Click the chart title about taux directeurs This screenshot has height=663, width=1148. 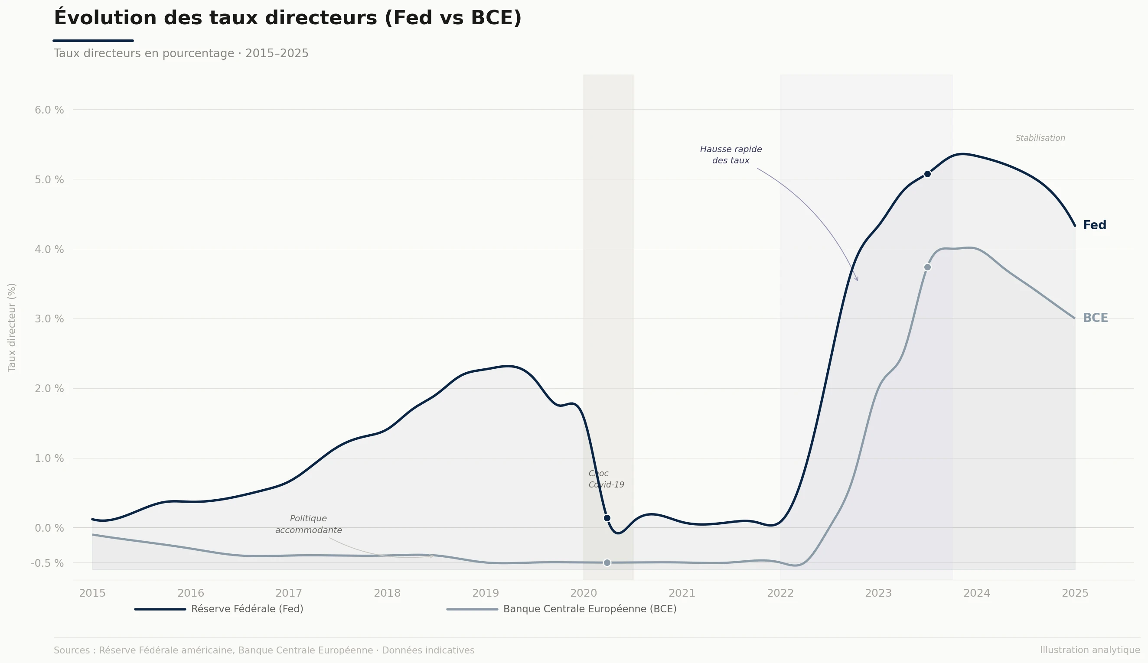[x=287, y=19]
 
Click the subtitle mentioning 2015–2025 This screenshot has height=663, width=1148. [x=181, y=54]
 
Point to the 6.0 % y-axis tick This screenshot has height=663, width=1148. [x=49, y=110]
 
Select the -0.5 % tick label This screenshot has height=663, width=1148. [x=47, y=563]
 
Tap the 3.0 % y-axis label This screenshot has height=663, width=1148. [x=49, y=319]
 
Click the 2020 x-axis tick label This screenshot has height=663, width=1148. [x=583, y=593]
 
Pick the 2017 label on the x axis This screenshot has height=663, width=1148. [x=289, y=593]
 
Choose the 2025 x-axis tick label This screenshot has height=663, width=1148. [x=1075, y=593]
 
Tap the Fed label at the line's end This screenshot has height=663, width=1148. [x=1094, y=225]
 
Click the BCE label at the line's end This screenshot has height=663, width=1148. [x=1095, y=318]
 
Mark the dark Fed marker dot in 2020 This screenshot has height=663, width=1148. [x=607, y=518]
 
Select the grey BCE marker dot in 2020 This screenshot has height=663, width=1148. [x=607, y=563]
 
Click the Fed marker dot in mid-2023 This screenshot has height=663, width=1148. [x=927, y=174]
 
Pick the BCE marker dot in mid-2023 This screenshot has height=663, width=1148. [x=927, y=267]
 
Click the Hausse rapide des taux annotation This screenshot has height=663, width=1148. [x=731, y=155]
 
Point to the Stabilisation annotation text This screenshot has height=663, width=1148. [x=1040, y=138]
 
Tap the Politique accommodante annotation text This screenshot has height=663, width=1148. [x=308, y=525]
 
